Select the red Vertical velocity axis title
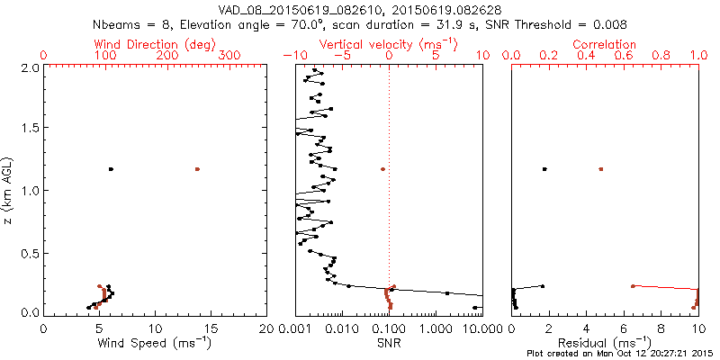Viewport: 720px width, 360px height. click(x=388, y=44)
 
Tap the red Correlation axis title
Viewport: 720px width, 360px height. click(x=605, y=44)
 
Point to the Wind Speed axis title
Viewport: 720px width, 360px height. click(x=156, y=343)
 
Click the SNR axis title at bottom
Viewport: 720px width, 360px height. click(x=388, y=343)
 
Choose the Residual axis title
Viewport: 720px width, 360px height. click(x=605, y=343)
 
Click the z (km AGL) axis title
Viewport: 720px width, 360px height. click(x=11, y=189)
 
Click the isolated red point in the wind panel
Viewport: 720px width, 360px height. click(x=197, y=169)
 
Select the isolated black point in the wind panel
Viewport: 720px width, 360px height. click(x=111, y=169)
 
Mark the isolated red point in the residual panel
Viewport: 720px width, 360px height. click(x=600, y=169)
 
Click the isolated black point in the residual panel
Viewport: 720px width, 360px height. click(x=544, y=169)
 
